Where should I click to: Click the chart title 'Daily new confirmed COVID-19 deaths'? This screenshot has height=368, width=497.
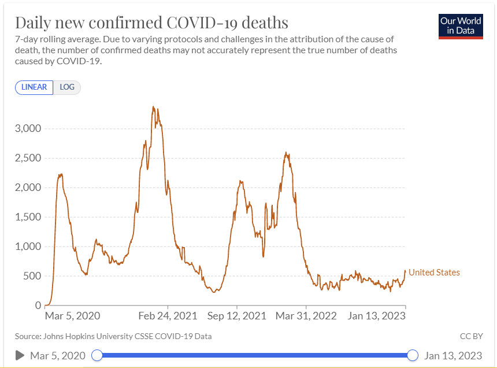click(151, 23)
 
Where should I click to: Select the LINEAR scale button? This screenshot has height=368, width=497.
click(34, 87)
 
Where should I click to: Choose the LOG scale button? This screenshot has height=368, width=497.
click(67, 87)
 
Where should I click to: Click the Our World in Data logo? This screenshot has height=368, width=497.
click(461, 25)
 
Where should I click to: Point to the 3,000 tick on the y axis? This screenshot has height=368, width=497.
click(27, 128)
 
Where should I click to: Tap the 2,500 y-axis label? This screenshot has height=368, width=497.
click(27, 158)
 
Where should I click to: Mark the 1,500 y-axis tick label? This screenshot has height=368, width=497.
click(27, 217)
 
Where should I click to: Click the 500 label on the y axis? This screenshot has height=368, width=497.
click(32, 276)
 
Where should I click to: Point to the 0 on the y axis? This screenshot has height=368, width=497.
click(38, 306)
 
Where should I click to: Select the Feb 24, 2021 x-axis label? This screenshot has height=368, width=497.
click(168, 316)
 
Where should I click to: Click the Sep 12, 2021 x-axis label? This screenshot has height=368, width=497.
click(237, 316)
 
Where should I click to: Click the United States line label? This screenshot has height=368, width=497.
click(434, 273)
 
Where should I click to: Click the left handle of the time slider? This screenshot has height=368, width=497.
click(97, 355)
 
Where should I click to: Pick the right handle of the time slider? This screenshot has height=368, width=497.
click(413, 355)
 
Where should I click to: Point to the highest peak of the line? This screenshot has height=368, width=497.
click(153, 107)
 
